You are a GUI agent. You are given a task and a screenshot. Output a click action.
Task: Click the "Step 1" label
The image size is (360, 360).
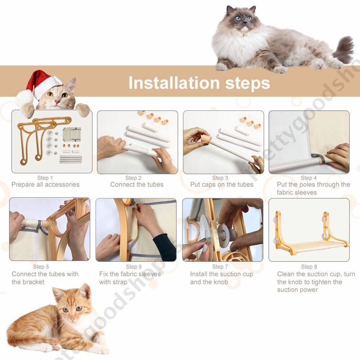point(45,178)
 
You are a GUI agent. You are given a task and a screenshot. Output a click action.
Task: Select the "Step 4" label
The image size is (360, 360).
point(309,178)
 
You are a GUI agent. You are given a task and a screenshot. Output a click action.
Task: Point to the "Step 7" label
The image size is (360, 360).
point(220,267)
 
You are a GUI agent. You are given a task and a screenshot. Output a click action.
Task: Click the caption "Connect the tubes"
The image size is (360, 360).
point(137,185)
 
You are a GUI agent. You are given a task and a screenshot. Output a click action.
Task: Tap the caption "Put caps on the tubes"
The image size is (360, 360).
point(222,185)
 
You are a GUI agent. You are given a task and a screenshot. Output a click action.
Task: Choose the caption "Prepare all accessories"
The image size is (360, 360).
point(45,185)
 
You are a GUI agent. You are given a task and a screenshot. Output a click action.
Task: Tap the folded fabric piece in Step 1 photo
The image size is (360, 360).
point(72,134)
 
